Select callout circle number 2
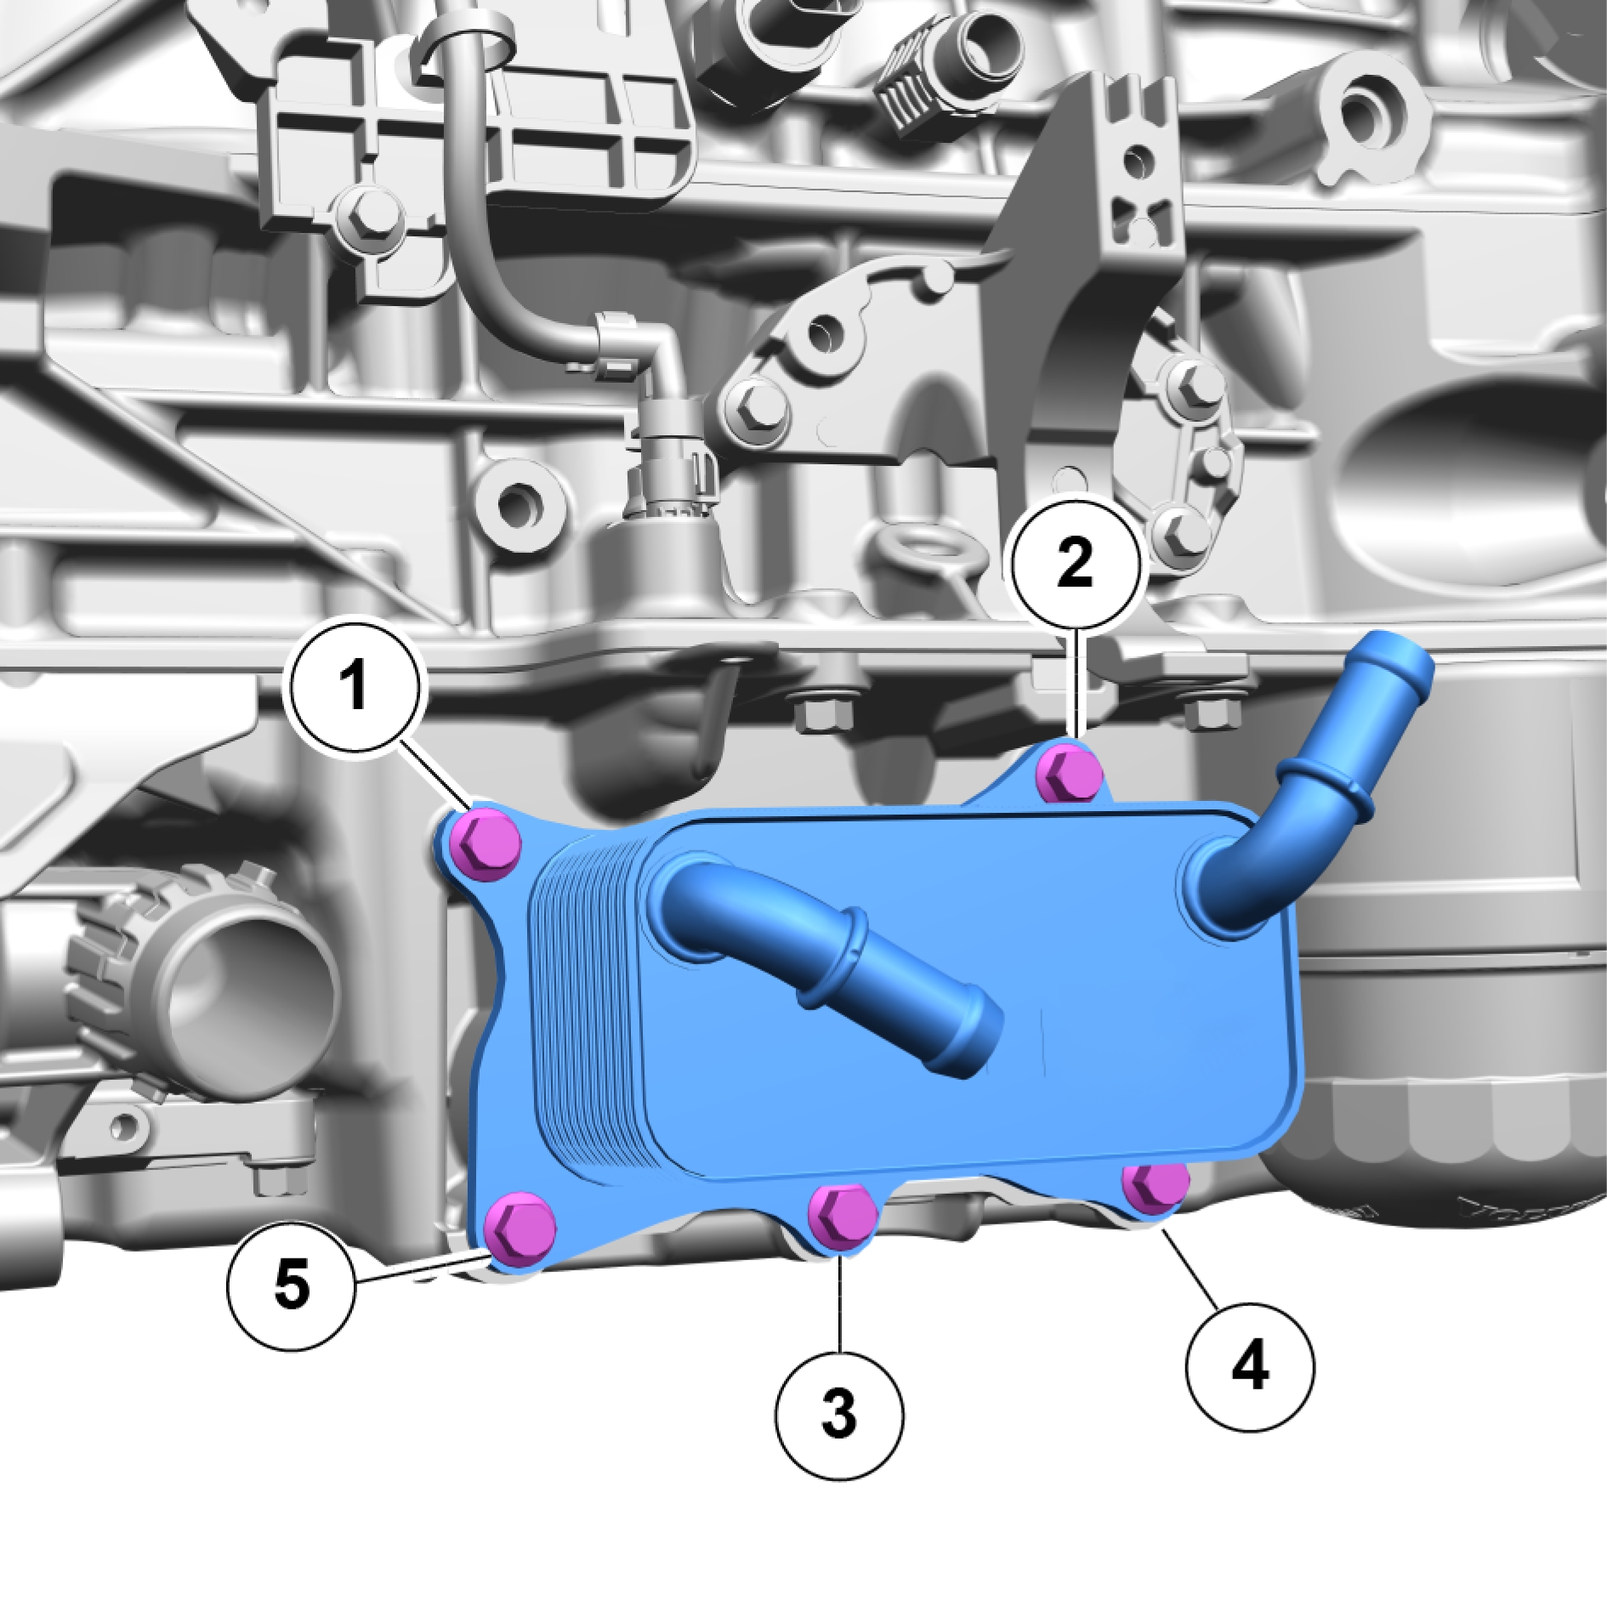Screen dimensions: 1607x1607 click(1075, 563)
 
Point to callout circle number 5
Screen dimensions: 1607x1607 click(292, 1285)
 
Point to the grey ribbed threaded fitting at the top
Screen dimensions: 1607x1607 click(918, 77)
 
